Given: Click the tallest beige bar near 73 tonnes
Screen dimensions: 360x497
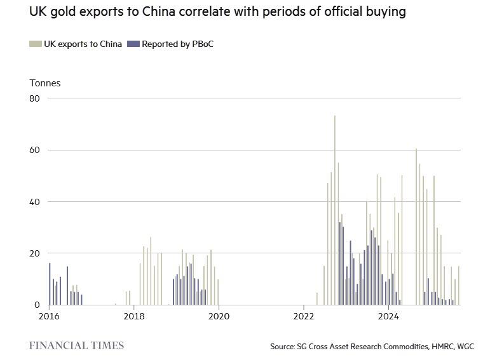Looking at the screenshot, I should click(x=335, y=210).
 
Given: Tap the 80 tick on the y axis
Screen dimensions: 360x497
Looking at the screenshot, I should click(x=34, y=98).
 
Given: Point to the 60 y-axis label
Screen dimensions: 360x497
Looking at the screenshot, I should click(x=34, y=150).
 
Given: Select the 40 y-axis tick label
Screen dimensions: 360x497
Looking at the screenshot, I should click(x=34, y=202).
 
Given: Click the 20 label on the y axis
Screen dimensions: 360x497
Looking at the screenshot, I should click(x=34, y=253).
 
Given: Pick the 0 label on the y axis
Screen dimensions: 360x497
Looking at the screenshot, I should click(x=37, y=305).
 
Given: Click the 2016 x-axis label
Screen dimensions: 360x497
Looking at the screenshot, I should click(x=49, y=316).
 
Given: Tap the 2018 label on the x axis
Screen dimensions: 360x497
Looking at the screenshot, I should click(x=133, y=316).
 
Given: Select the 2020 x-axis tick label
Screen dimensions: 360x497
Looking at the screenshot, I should click(x=219, y=316).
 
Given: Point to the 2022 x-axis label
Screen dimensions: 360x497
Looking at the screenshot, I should click(x=304, y=316).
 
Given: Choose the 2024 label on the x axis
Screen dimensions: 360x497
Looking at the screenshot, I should click(x=389, y=316).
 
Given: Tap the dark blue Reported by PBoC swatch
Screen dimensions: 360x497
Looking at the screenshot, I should click(x=133, y=44).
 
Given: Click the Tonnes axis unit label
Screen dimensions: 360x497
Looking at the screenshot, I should click(x=45, y=83).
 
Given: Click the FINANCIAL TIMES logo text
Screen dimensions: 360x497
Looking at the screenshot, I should click(x=76, y=346).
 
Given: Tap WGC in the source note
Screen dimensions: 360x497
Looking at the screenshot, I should click(x=463, y=347).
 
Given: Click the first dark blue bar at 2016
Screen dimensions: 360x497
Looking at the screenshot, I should click(x=50, y=284).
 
